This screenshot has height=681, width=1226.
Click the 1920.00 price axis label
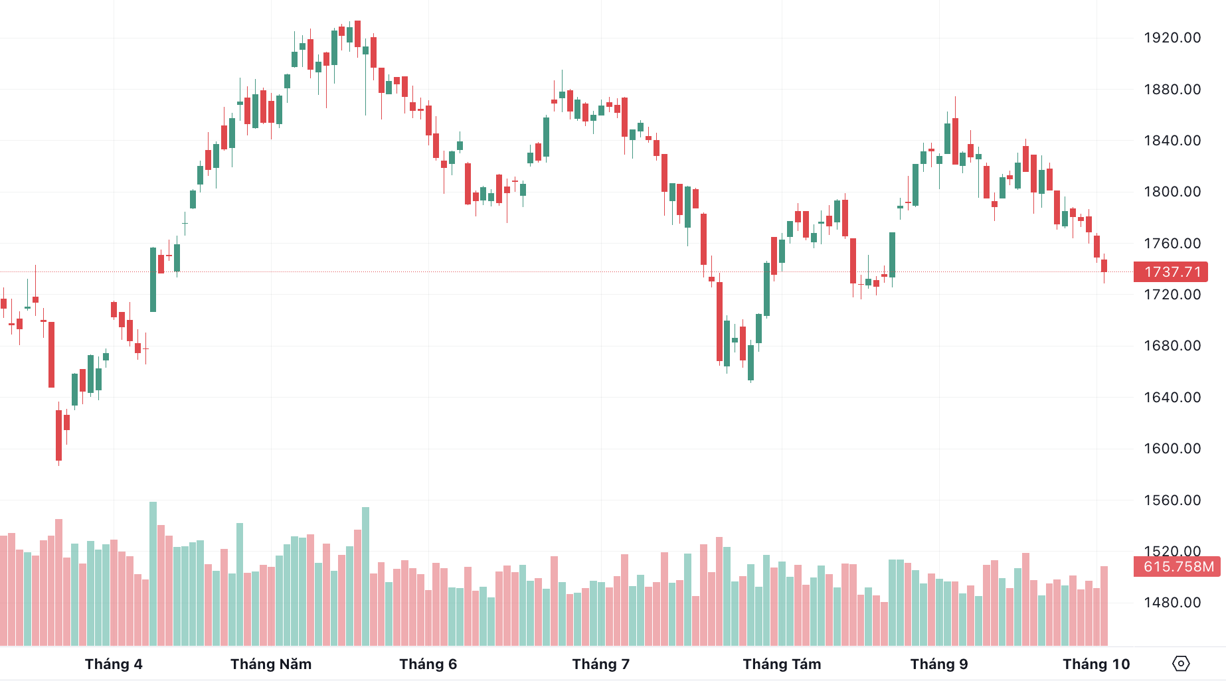[1172, 38]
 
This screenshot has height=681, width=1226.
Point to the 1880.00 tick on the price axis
[1172, 90]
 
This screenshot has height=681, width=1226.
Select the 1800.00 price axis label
[1172, 192]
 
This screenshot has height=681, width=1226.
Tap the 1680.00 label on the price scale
[1172, 346]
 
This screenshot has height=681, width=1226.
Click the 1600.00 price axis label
[1172, 449]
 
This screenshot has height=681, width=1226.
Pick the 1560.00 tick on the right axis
[1172, 500]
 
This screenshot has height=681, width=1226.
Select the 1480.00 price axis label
[1172, 603]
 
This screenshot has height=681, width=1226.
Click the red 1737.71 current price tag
[1171, 272]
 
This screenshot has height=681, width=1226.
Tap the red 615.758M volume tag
[1177, 567]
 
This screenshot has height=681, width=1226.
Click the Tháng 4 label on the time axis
[114, 664]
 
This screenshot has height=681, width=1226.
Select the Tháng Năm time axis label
[271, 664]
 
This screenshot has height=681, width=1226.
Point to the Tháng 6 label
[428, 664]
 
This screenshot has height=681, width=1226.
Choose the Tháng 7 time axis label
[601, 664]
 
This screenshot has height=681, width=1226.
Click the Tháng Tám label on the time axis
[782, 664]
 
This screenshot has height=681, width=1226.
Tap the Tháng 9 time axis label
[939, 664]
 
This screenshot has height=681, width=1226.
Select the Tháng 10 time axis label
[1096, 664]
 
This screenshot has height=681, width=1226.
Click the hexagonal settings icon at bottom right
[1181, 664]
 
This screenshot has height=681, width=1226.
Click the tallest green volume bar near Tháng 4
[153, 574]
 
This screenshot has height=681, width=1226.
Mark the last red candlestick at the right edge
[1104, 267]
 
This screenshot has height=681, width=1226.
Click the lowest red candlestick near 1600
[58, 435]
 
